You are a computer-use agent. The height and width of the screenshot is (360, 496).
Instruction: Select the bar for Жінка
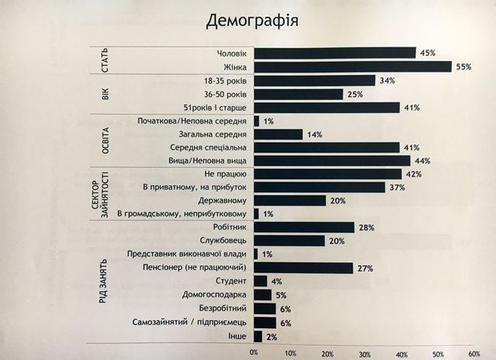[353, 67]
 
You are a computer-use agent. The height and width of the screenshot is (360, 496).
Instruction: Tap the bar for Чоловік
[334, 53]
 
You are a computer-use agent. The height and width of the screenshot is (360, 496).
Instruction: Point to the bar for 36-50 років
[298, 95]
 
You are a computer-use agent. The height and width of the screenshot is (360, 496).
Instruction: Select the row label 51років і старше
[217, 108]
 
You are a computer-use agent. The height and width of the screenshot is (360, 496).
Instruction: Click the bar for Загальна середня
[279, 134]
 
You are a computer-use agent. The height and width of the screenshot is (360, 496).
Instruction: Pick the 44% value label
[422, 161]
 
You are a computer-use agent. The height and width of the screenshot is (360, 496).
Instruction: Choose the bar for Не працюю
[327, 174]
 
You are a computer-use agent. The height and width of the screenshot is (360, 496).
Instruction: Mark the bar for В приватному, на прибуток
[319, 187]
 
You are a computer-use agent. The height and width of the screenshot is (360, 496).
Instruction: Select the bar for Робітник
[304, 227]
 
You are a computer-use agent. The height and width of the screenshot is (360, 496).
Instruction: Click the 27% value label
[364, 268]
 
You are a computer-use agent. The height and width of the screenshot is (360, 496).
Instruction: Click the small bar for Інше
[257, 336]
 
